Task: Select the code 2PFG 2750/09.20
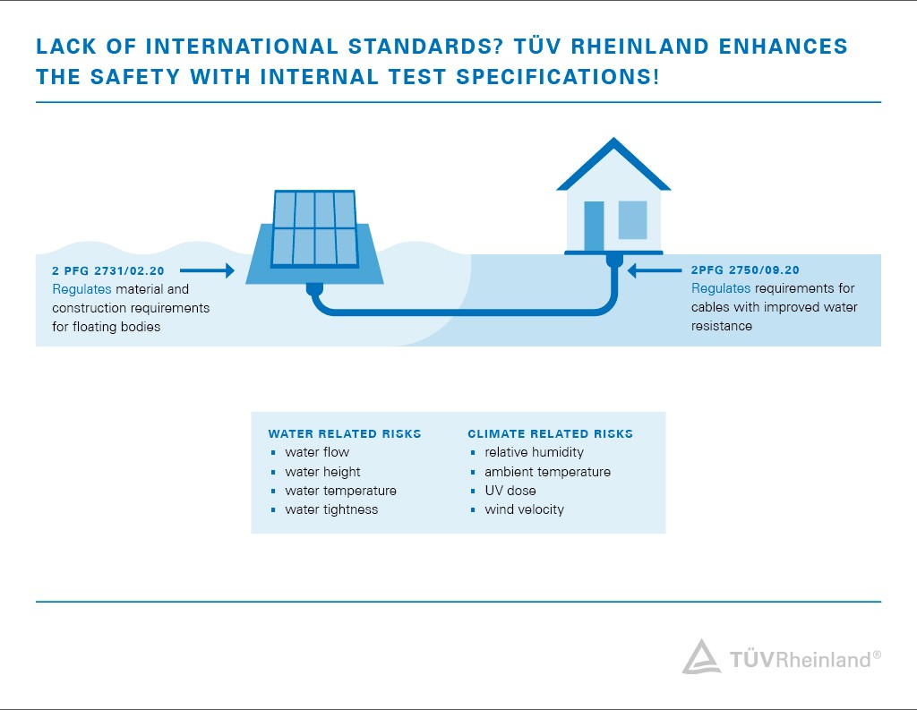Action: (x=745, y=269)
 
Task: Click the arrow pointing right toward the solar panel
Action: (x=207, y=269)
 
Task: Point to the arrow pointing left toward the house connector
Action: (x=654, y=269)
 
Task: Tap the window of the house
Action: (x=632, y=219)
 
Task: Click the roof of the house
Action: (x=613, y=161)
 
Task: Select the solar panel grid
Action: (x=314, y=228)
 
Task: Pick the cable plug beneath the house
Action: (x=614, y=261)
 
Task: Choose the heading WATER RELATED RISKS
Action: (x=345, y=433)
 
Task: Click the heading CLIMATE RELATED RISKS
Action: (x=550, y=433)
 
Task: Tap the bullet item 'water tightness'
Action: (x=331, y=509)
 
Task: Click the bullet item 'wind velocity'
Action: (x=524, y=509)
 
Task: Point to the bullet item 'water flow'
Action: (x=317, y=452)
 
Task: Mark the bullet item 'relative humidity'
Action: (x=534, y=452)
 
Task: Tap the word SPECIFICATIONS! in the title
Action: (x=557, y=76)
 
